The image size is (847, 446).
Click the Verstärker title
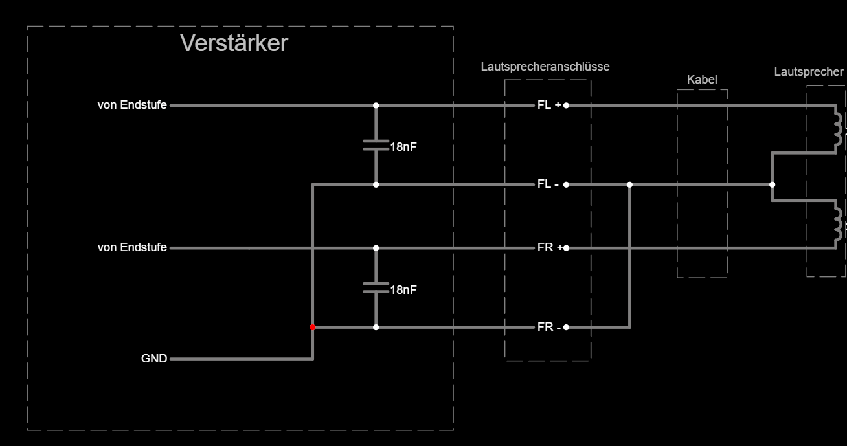tap(234, 43)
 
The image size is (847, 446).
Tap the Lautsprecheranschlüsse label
tap(545, 67)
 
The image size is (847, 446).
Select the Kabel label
tap(702, 80)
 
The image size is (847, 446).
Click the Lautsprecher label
tap(809, 72)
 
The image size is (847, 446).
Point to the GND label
tap(154, 359)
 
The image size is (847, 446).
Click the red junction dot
tap(313, 328)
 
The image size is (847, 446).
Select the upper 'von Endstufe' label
tap(132, 105)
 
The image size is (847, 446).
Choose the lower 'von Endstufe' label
tap(132, 247)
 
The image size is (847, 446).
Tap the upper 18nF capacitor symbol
tap(376, 145)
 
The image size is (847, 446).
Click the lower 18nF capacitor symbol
tap(376, 287)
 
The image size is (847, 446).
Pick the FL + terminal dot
tap(566, 106)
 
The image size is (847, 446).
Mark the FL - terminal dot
tap(566, 184)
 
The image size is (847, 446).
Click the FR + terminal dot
tap(566, 248)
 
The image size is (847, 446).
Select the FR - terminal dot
tap(566, 328)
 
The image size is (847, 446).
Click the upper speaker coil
tap(839, 129)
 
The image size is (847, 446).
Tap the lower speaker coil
tap(839, 223)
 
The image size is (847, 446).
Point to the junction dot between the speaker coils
tap(772, 184)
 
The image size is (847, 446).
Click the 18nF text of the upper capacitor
tap(403, 147)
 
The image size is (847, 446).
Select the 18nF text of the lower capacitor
tap(403, 290)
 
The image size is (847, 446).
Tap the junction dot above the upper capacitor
tap(376, 106)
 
